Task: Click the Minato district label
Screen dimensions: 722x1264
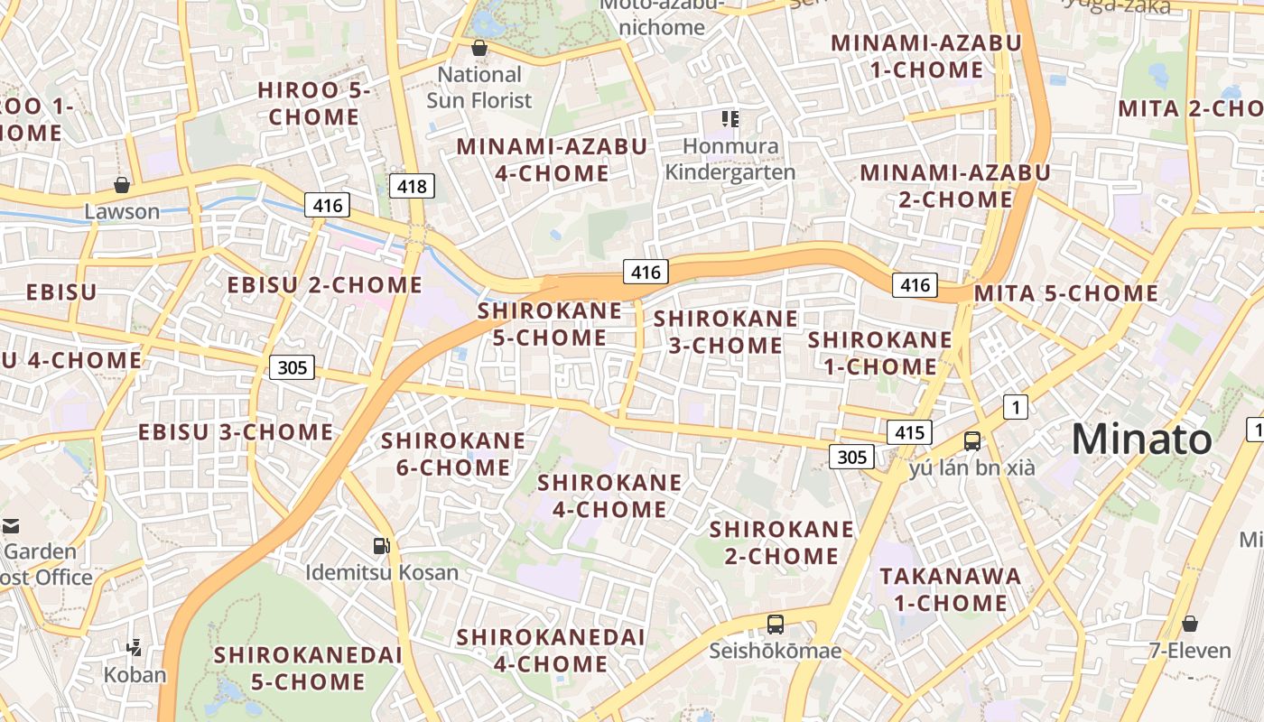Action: pyautogui.click(x=1141, y=440)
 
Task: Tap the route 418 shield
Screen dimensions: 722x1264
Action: pyautogui.click(x=412, y=186)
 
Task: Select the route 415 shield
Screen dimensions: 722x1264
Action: pyautogui.click(x=908, y=432)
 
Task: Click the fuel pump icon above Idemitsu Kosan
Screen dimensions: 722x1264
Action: pyautogui.click(x=382, y=545)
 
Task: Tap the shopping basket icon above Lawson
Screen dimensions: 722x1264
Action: pyautogui.click(x=122, y=185)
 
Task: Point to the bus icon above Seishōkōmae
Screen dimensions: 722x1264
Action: pyautogui.click(x=775, y=624)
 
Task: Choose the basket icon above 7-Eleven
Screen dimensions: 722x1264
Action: pyautogui.click(x=1190, y=624)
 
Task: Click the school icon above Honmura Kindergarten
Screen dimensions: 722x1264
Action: pyautogui.click(x=730, y=118)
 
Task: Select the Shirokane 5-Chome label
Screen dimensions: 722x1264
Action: pyautogui.click(x=550, y=324)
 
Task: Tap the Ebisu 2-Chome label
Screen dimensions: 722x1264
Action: pyautogui.click(x=324, y=285)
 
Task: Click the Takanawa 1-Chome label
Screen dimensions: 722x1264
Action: pyautogui.click(x=950, y=589)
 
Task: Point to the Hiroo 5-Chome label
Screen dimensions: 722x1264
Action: pyautogui.click(x=313, y=104)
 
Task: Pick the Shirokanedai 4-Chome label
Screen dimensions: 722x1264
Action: pyautogui.click(x=550, y=651)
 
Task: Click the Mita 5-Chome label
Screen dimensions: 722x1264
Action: pyautogui.click(x=1065, y=293)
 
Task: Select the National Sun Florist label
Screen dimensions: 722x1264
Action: pyautogui.click(x=479, y=88)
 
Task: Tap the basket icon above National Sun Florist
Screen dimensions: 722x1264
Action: pyautogui.click(x=479, y=48)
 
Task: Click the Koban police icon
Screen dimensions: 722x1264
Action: pyautogui.click(x=135, y=647)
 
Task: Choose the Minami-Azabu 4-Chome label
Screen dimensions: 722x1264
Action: pyautogui.click(x=552, y=160)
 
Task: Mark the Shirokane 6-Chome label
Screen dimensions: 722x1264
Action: pyautogui.click(x=453, y=454)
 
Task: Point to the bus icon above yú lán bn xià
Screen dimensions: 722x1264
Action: pyautogui.click(x=971, y=441)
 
